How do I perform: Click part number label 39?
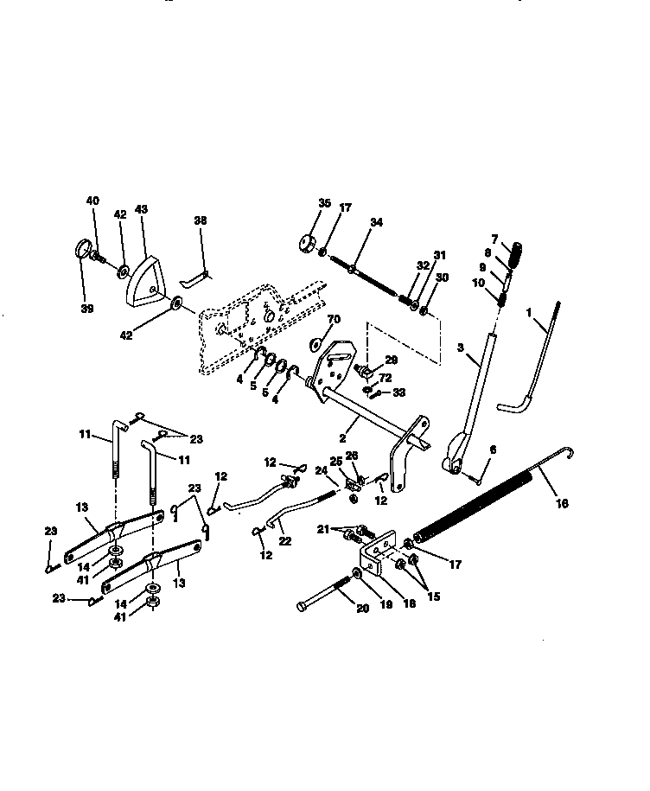pyautogui.click(x=87, y=309)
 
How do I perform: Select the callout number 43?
pyautogui.click(x=141, y=209)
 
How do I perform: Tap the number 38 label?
pyautogui.click(x=201, y=220)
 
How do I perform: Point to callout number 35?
pyautogui.click(x=325, y=203)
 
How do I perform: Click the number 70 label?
pyautogui.click(x=334, y=319)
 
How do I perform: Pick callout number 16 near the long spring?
pyautogui.click(x=562, y=503)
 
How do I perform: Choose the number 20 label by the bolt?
pyautogui.click(x=362, y=609)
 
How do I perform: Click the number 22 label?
pyautogui.click(x=285, y=541)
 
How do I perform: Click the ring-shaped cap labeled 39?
pyautogui.click(x=83, y=249)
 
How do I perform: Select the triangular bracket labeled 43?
pyautogui.click(x=144, y=281)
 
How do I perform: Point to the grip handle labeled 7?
pyautogui.click(x=514, y=254)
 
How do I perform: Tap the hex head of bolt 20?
pyautogui.click(x=302, y=606)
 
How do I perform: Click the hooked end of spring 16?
pyautogui.click(x=570, y=452)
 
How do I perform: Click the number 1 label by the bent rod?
pyautogui.click(x=528, y=313)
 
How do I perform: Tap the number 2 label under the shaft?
pyautogui.click(x=342, y=438)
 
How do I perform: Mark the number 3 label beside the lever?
pyautogui.click(x=461, y=348)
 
